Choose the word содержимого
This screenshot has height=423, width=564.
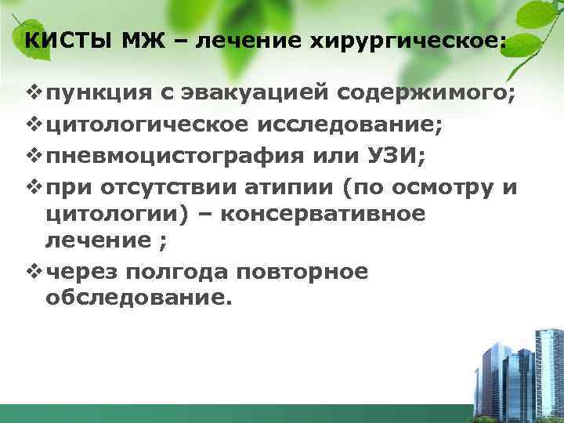(427, 95)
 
